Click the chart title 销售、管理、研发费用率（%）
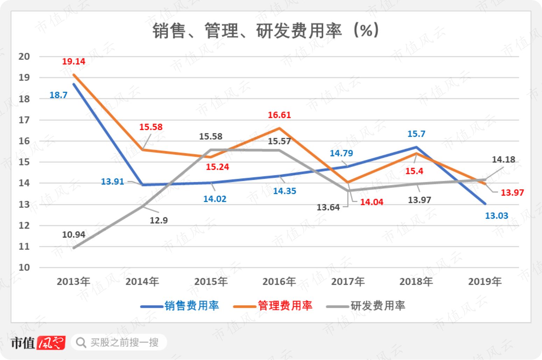(266, 31)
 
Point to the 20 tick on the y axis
(24, 57)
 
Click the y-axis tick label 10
(24, 268)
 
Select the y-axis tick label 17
(24, 120)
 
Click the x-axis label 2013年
(73, 282)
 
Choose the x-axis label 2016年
(279, 282)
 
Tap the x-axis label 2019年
(485, 282)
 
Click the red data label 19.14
(73, 62)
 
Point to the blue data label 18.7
(58, 95)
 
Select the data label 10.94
(73, 234)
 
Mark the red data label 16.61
(279, 115)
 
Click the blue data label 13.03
(497, 216)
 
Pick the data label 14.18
(504, 160)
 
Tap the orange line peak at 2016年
(280, 128)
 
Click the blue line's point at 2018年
(416, 147)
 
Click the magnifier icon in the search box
(81, 343)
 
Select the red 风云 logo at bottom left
(51, 343)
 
